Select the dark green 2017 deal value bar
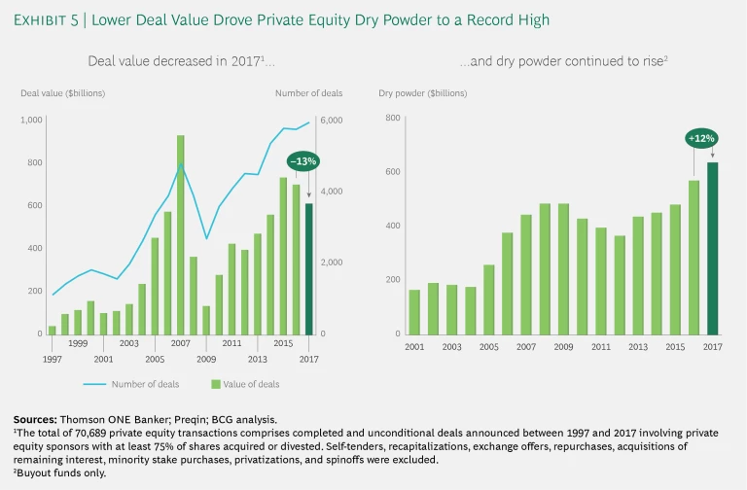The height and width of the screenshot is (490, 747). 307,268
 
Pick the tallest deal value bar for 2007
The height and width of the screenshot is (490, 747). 181,234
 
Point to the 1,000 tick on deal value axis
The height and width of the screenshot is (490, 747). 31,120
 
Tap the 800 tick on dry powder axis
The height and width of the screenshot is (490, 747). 394,118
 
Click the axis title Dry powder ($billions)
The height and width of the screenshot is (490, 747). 422,93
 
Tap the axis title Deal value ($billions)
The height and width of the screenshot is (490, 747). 63,93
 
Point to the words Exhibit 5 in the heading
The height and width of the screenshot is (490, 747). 51,19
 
